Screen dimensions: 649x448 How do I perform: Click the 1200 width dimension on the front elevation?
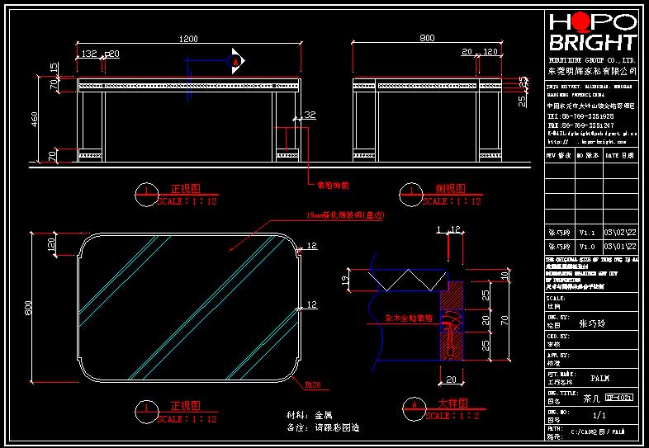click(189, 40)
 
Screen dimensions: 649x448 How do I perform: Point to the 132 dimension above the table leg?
click(88, 54)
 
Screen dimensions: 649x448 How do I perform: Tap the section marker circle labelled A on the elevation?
click(236, 60)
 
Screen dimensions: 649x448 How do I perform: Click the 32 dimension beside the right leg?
click(310, 115)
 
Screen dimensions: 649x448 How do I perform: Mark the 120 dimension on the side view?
click(490, 52)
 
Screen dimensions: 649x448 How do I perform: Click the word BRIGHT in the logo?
click(593, 43)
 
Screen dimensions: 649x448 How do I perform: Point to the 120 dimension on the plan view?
click(51, 245)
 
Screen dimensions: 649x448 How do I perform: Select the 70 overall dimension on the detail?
click(502, 316)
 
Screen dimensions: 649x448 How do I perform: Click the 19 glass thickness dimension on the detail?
click(346, 281)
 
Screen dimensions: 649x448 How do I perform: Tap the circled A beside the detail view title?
click(415, 406)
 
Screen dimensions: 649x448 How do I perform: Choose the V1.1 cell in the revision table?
click(586, 233)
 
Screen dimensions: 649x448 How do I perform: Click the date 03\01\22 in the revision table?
click(620, 246)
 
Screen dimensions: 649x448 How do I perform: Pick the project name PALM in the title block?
click(600, 379)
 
